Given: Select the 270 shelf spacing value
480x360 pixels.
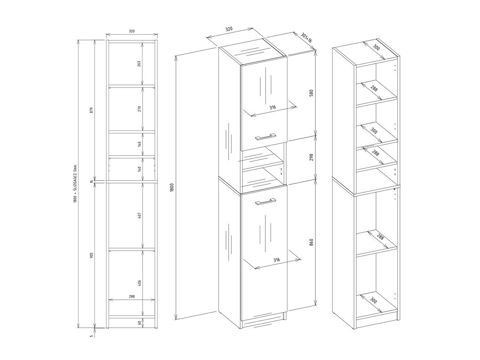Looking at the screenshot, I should [140, 108].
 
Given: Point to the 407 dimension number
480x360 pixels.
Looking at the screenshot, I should [140, 215].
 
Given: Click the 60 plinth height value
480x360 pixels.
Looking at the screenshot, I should [140, 322].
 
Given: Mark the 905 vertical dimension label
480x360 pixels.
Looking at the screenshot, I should [92, 255].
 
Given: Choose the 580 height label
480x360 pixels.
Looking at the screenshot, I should [311, 93].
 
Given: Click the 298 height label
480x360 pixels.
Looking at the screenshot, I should [311, 157].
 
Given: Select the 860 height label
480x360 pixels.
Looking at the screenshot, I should [311, 242].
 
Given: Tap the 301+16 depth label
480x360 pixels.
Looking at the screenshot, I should [307, 38].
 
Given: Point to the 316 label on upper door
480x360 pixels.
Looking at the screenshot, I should [274, 107].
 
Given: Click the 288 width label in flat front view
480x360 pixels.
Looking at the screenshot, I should [132, 296].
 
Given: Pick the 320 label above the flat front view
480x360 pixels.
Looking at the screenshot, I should [132, 31].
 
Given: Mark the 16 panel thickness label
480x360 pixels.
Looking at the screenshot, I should [92, 181].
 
